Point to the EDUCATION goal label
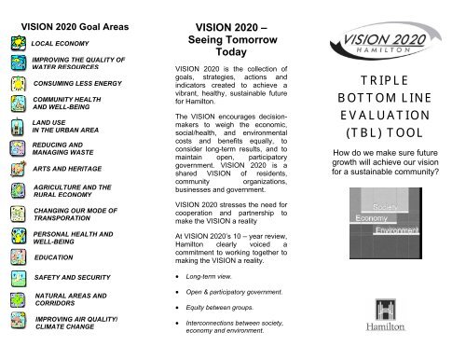[53, 255]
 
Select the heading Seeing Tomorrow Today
[229, 49]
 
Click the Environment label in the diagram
[395, 228]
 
